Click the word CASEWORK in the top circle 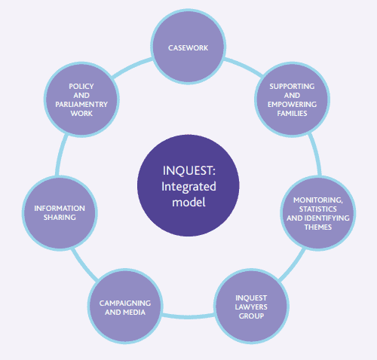tap(188, 48)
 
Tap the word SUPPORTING tap(292, 87)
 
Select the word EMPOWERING tap(292, 105)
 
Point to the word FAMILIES tap(292, 114)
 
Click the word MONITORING tap(318, 200)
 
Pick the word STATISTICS tap(318, 209)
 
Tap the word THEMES tap(318, 227)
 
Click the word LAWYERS tap(251, 307)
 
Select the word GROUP tap(251, 316)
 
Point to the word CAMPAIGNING tap(125, 304)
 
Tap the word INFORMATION tap(60, 209)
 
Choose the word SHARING tap(60, 218)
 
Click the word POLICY tap(81, 87)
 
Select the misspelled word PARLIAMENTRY tap(81, 105)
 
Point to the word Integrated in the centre tap(188, 187)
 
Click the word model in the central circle tap(188, 202)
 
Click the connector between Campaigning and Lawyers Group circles tap(188, 316)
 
